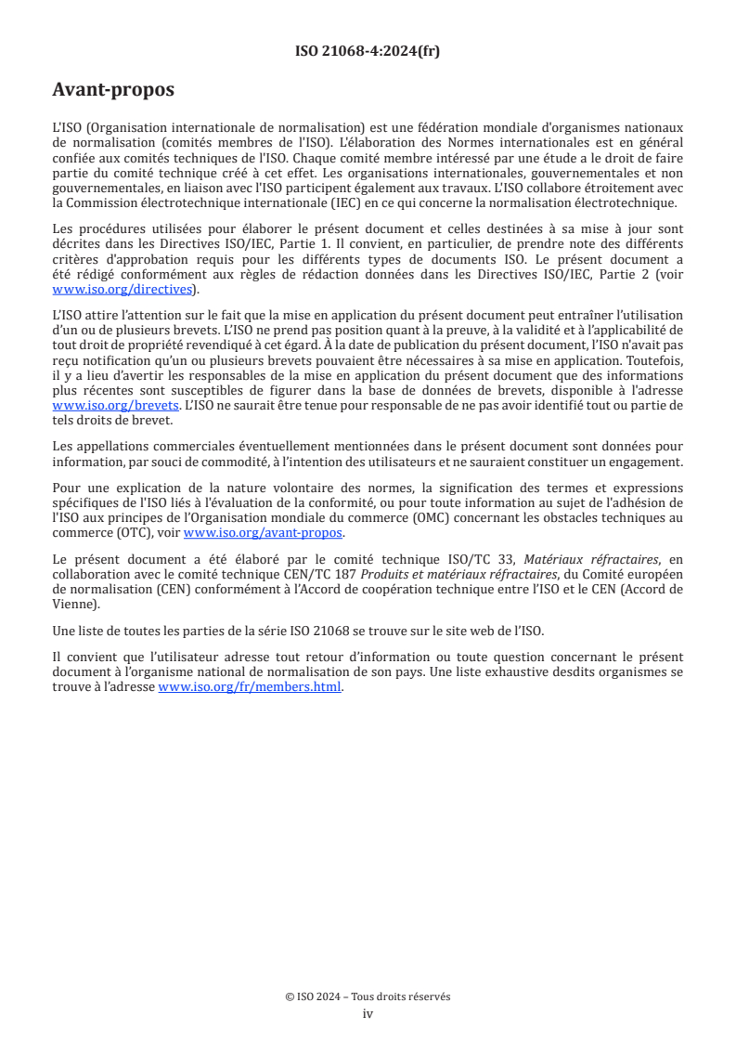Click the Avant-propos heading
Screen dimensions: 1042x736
112,90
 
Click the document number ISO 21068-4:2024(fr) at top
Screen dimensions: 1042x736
368,51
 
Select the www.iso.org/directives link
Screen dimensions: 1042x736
125,289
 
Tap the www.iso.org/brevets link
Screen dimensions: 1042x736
115,406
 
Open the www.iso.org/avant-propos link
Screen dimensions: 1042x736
264,533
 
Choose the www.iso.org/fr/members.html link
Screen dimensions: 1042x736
251,687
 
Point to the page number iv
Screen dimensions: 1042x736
368,1013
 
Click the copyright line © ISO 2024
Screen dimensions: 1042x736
368,996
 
